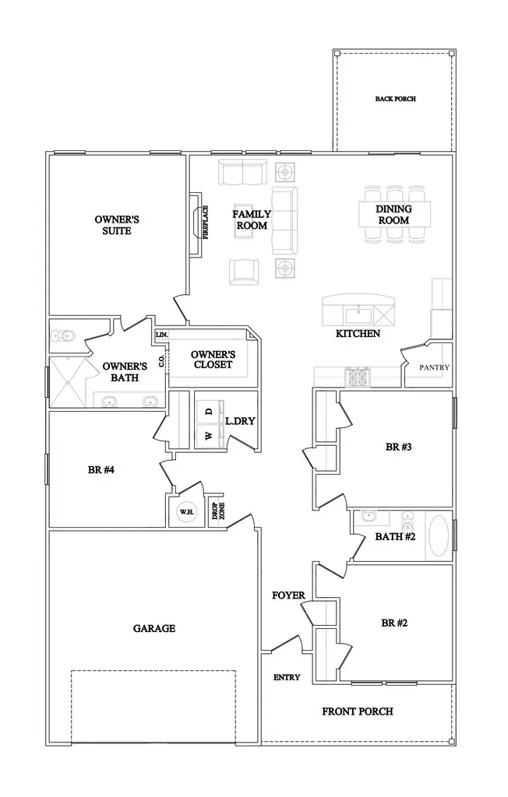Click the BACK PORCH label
coord(395,99)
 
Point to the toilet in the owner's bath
coord(62,336)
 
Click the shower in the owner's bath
coord(71,382)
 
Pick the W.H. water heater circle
coord(186,511)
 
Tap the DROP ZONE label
coord(215,511)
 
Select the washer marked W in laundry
coord(208,436)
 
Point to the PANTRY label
coord(433,367)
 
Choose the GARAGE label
coord(154,628)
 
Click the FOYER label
coord(288,595)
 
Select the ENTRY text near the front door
coord(287,677)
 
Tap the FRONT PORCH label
coord(358,711)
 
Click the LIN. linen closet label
coord(161,335)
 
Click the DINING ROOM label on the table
coord(393,214)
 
